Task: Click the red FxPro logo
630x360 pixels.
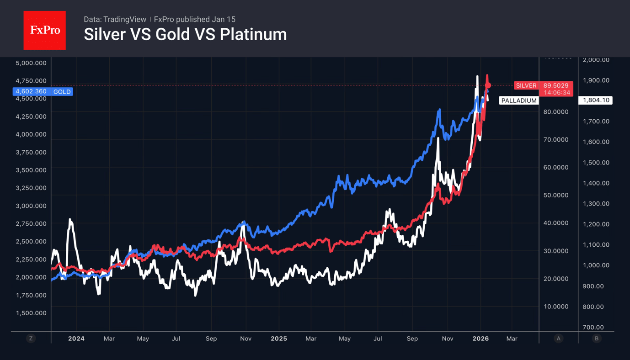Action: pyautogui.click(x=44, y=31)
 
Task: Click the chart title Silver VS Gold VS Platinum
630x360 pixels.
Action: pyautogui.click(x=185, y=35)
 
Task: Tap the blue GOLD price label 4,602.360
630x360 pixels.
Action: pyautogui.click(x=31, y=91)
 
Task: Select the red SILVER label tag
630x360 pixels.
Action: pyautogui.click(x=526, y=85)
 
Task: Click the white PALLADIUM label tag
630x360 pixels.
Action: pyautogui.click(x=519, y=101)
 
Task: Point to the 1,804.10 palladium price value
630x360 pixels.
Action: pyautogui.click(x=595, y=100)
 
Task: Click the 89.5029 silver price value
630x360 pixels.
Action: pyautogui.click(x=556, y=85)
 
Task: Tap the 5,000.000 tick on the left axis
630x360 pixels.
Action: pyautogui.click(x=31, y=63)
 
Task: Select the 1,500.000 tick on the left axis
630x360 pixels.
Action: pyautogui.click(x=31, y=313)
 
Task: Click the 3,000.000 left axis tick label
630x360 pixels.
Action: pyautogui.click(x=31, y=206)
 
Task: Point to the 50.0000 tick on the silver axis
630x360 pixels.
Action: pyautogui.click(x=556, y=195)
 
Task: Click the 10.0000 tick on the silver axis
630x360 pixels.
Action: pyautogui.click(x=556, y=307)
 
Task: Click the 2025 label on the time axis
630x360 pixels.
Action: pyautogui.click(x=279, y=339)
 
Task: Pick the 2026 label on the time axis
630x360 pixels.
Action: pyautogui.click(x=481, y=339)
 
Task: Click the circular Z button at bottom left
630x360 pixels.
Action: pyautogui.click(x=31, y=339)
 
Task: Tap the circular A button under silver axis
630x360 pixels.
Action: pyautogui.click(x=558, y=339)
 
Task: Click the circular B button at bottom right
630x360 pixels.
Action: pyautogui.click(x=596, y=339)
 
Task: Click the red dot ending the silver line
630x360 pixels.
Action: pyautogui.click(x=488, y=85)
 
